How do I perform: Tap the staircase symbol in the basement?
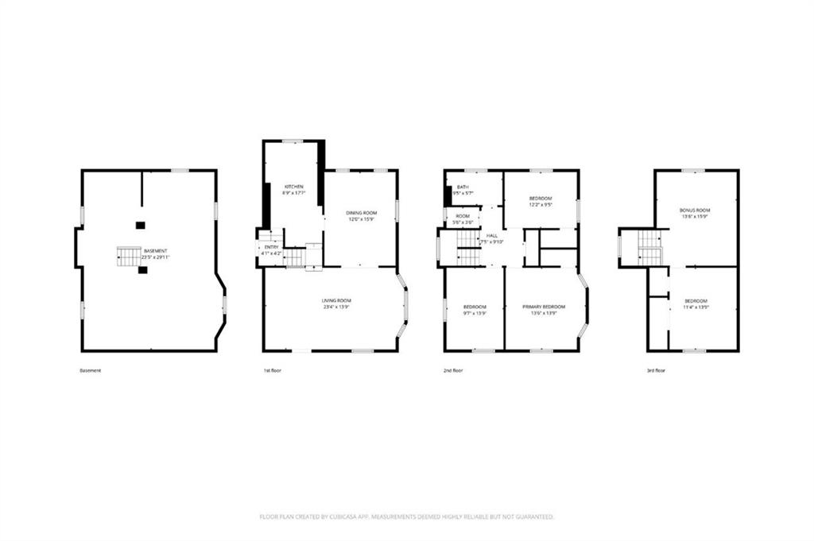129,256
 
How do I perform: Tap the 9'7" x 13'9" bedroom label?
475,309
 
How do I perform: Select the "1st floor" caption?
273,371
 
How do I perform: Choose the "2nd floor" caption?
453,371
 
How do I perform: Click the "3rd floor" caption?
656,371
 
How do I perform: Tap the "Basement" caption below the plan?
90,371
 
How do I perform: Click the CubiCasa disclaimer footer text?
406,517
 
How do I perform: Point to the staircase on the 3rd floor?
649,247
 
